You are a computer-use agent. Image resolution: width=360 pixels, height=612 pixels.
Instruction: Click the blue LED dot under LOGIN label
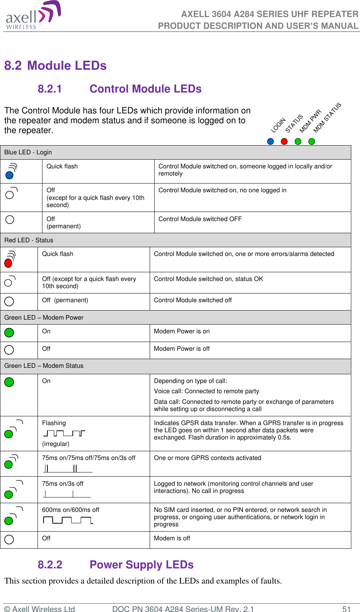tap(270, 141)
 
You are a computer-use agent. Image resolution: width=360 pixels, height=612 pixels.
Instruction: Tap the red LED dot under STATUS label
tap(284, 141)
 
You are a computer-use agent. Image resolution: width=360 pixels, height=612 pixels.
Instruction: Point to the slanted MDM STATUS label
tap(327, 118)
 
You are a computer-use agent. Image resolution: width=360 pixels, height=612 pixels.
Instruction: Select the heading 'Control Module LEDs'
tap(146, 89)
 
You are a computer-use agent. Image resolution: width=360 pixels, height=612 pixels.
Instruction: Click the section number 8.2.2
tap(50, 565)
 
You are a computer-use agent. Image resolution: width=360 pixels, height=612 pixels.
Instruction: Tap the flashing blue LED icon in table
tap(11, 171)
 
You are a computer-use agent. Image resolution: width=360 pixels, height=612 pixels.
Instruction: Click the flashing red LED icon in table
tap(10, 259)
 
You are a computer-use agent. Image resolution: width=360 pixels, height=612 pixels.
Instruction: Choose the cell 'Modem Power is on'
tap(182, 331)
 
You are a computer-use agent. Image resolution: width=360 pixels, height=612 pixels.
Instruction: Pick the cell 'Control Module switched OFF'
tap(200, 219)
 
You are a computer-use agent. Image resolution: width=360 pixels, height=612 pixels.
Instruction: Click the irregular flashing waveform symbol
tap(64, 433)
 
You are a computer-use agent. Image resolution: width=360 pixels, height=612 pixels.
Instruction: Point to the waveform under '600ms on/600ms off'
tap(68, 520)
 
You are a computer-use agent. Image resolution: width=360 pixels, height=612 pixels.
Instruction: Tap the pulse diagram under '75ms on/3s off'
tap(67, 494)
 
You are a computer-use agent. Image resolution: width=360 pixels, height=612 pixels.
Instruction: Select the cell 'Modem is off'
tap(172, 538)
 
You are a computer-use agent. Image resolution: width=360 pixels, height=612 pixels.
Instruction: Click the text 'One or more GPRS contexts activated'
tap(207, 458)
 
